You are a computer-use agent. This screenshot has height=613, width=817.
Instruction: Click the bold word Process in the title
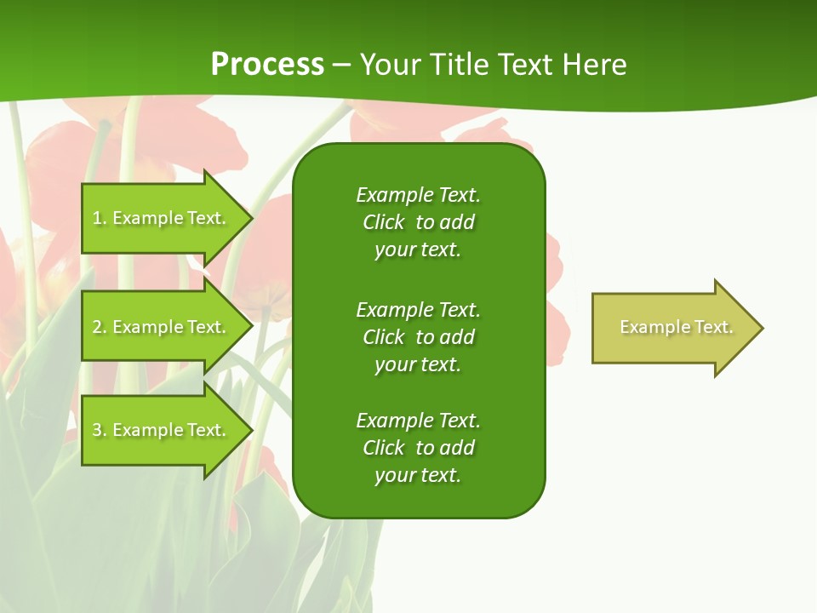click(267, 65)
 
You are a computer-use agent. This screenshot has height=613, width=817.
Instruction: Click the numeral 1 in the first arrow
click(96, 218)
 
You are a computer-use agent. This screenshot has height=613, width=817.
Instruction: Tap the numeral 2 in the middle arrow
click(97, 327)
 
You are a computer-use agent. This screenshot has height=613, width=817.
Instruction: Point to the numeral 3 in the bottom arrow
click(97, 430)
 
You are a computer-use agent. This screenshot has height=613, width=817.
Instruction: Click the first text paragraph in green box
click(419, 222)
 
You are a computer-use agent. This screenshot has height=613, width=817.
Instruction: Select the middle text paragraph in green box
click(419, 337)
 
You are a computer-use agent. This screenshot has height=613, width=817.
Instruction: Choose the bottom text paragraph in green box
click(419, 448)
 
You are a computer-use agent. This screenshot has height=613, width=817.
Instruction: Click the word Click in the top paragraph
click(383, 222)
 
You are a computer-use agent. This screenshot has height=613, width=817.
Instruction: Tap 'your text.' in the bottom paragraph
click(418, 475)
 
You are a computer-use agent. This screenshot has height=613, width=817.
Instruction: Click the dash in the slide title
click(341, 66)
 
